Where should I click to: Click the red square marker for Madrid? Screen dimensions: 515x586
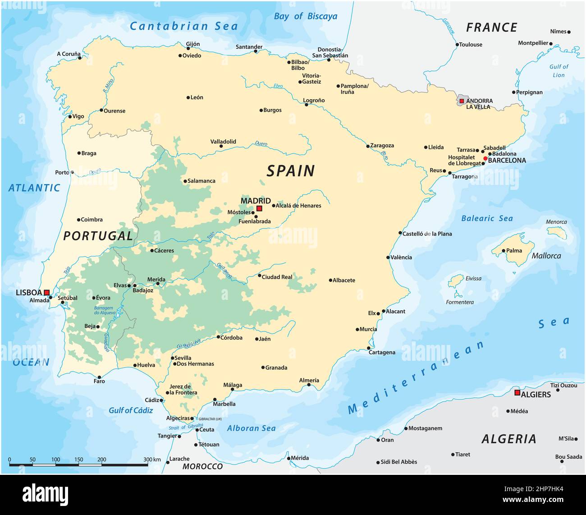259,208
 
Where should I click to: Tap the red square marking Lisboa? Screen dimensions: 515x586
46,293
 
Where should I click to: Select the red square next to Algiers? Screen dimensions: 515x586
517,393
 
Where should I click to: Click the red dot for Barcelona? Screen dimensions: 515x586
485,158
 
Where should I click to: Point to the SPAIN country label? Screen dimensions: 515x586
290,171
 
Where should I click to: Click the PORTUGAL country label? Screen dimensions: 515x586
98,236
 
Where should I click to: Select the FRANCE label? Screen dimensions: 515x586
491,28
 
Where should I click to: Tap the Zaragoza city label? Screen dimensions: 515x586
382,146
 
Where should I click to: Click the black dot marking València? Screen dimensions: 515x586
388,257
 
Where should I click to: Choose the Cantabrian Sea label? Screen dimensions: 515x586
183,26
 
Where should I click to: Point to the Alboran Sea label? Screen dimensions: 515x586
251,428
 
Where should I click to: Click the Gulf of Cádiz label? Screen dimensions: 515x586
131,410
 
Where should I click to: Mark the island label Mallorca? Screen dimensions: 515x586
546,256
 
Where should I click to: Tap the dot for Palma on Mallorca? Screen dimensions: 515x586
504,251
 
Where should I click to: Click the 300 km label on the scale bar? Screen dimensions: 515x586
152,460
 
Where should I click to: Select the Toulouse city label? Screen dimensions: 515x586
471,45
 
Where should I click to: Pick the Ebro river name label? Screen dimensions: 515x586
278,86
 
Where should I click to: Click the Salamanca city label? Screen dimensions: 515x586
201,181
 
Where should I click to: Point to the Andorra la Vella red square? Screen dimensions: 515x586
462,101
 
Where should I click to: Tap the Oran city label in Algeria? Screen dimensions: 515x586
387,440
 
